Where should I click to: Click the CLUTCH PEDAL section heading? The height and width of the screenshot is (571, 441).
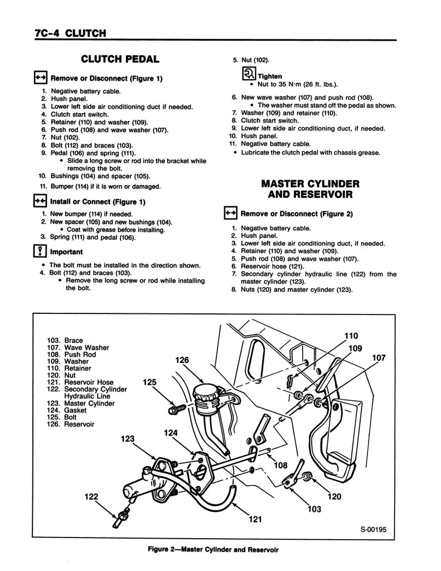[120, 59]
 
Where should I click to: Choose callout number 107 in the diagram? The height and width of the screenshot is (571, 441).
[379, 359]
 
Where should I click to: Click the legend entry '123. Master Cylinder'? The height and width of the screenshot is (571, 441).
[81, 403]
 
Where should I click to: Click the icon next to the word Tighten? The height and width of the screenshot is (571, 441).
[248, 74]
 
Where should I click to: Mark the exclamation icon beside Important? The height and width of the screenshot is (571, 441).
[42, 251]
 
